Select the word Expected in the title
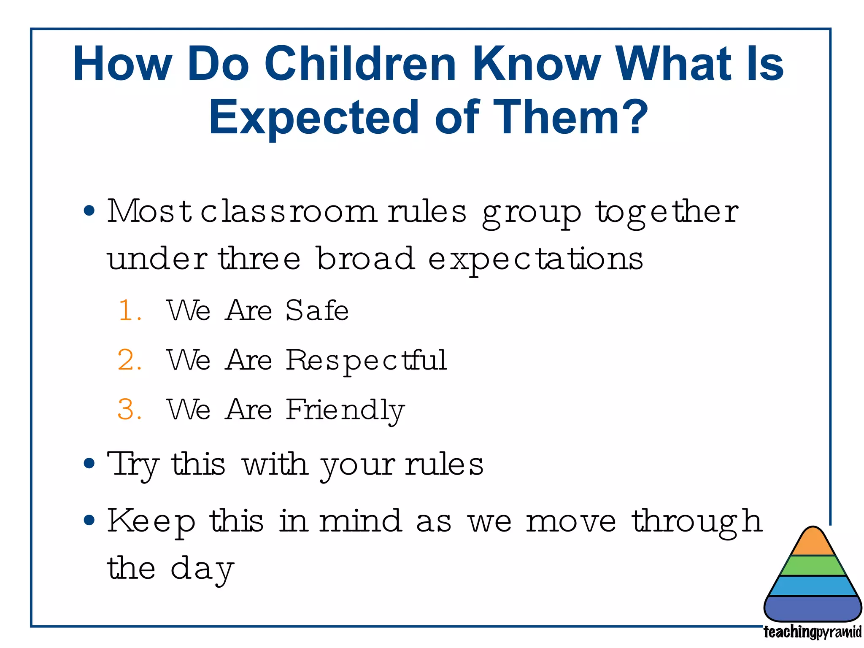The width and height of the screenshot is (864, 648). coord(313,117)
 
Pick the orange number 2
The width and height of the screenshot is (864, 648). coord(127,360)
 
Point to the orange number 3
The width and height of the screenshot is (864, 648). coord(127,410)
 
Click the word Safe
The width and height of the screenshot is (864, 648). coord(317,310)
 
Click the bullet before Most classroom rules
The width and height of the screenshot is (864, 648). coord(89,211)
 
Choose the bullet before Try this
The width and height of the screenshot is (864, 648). coord(89,464)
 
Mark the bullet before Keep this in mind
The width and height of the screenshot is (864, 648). coord(89,520)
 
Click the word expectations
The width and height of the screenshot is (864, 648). coord(535,259)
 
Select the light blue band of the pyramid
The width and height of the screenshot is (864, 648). coord(813,586)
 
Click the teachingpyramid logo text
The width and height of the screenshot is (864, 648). coord(812,632)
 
